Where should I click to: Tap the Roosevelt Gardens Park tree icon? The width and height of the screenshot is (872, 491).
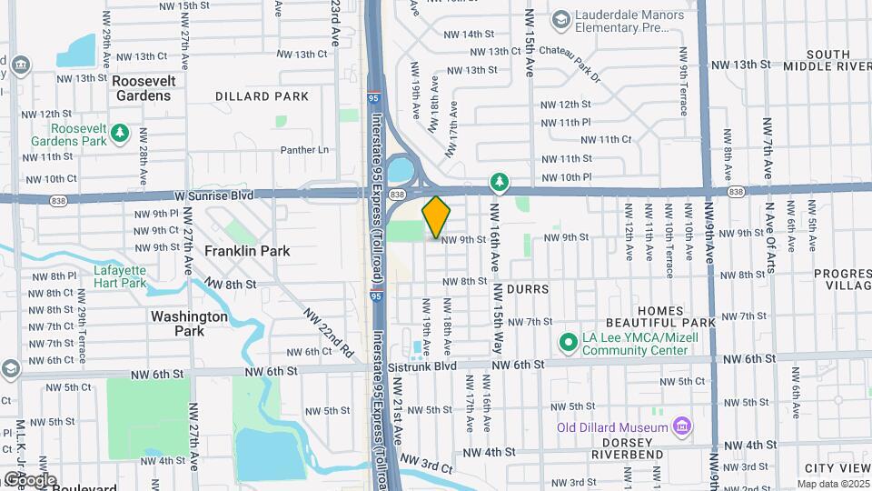[x=120, y=135]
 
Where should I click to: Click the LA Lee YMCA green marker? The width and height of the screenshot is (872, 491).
[x=569, y=343]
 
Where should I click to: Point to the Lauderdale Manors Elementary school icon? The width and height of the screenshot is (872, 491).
[x=560, y=18]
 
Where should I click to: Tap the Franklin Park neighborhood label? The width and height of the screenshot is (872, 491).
[x=234, y=251]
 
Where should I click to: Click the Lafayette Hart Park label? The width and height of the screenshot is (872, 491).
[x=120, y=276]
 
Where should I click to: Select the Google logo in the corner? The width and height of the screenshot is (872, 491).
[x=29, y=479]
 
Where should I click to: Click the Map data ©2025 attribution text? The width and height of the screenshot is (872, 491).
[x=833, y=484]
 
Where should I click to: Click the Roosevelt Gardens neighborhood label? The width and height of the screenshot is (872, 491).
[x=143, y=88]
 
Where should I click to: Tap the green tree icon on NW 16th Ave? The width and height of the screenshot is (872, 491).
[x=499, y=183]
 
